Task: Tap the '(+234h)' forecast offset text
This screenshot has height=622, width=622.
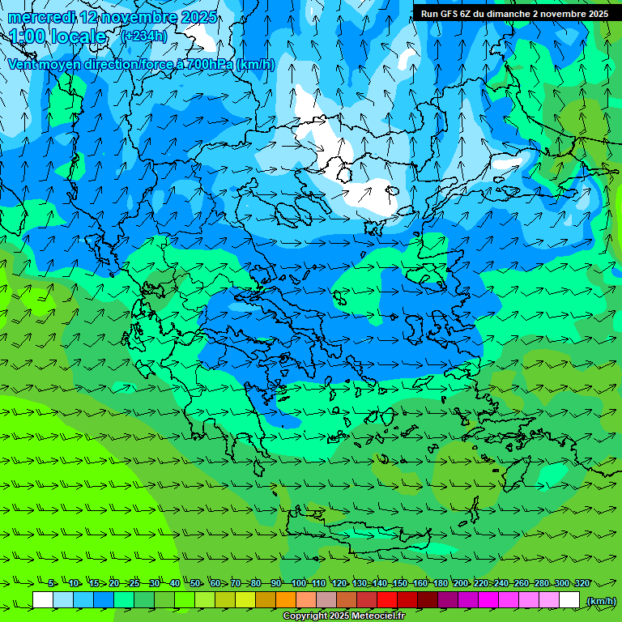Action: point(143,36)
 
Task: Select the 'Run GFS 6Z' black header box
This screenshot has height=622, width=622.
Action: point(515,13)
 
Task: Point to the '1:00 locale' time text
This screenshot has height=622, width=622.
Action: point(58,36)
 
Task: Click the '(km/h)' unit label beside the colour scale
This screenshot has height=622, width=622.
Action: point(600,601)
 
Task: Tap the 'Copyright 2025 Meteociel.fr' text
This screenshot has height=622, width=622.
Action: point(343,616)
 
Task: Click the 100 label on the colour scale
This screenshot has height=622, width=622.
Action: point(298,583)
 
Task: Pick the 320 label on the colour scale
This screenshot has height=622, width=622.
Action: point(582,583)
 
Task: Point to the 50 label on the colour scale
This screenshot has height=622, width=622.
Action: point(195,583)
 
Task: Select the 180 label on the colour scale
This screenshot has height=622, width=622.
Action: point(440,583)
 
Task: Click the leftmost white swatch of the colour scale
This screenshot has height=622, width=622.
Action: point(43,600)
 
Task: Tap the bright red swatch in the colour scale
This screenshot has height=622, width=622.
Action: point(387,600)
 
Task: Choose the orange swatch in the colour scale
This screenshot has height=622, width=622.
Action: point(286,600)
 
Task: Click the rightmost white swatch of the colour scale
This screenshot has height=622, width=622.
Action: point(569,600)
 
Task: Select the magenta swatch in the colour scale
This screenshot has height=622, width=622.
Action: point(488,600)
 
